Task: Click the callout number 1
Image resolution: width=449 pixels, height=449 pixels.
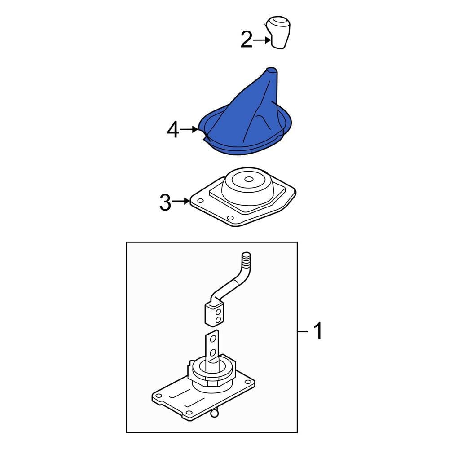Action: point(317,332)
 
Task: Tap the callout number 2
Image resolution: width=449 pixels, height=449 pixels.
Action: point(247,40)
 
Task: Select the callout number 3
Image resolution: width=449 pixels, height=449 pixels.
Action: point(165,203)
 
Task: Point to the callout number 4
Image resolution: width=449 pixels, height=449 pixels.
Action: point(173,130)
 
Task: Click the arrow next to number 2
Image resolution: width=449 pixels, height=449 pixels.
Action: point(261,40)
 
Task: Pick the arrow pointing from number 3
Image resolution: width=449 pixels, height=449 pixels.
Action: point(182,202)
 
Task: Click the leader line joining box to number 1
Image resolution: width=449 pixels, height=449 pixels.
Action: point(304,332)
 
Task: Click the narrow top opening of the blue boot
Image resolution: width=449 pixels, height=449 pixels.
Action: point(272,70)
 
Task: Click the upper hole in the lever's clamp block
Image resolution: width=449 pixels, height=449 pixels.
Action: point(218,310)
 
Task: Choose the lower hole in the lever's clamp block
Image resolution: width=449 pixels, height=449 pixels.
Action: point(218,319)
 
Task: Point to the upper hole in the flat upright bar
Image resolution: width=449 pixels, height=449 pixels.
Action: point(213,337)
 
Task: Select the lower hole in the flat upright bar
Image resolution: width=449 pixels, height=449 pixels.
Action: point(213,352)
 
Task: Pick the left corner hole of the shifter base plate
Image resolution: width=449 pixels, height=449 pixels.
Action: point(158,396)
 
